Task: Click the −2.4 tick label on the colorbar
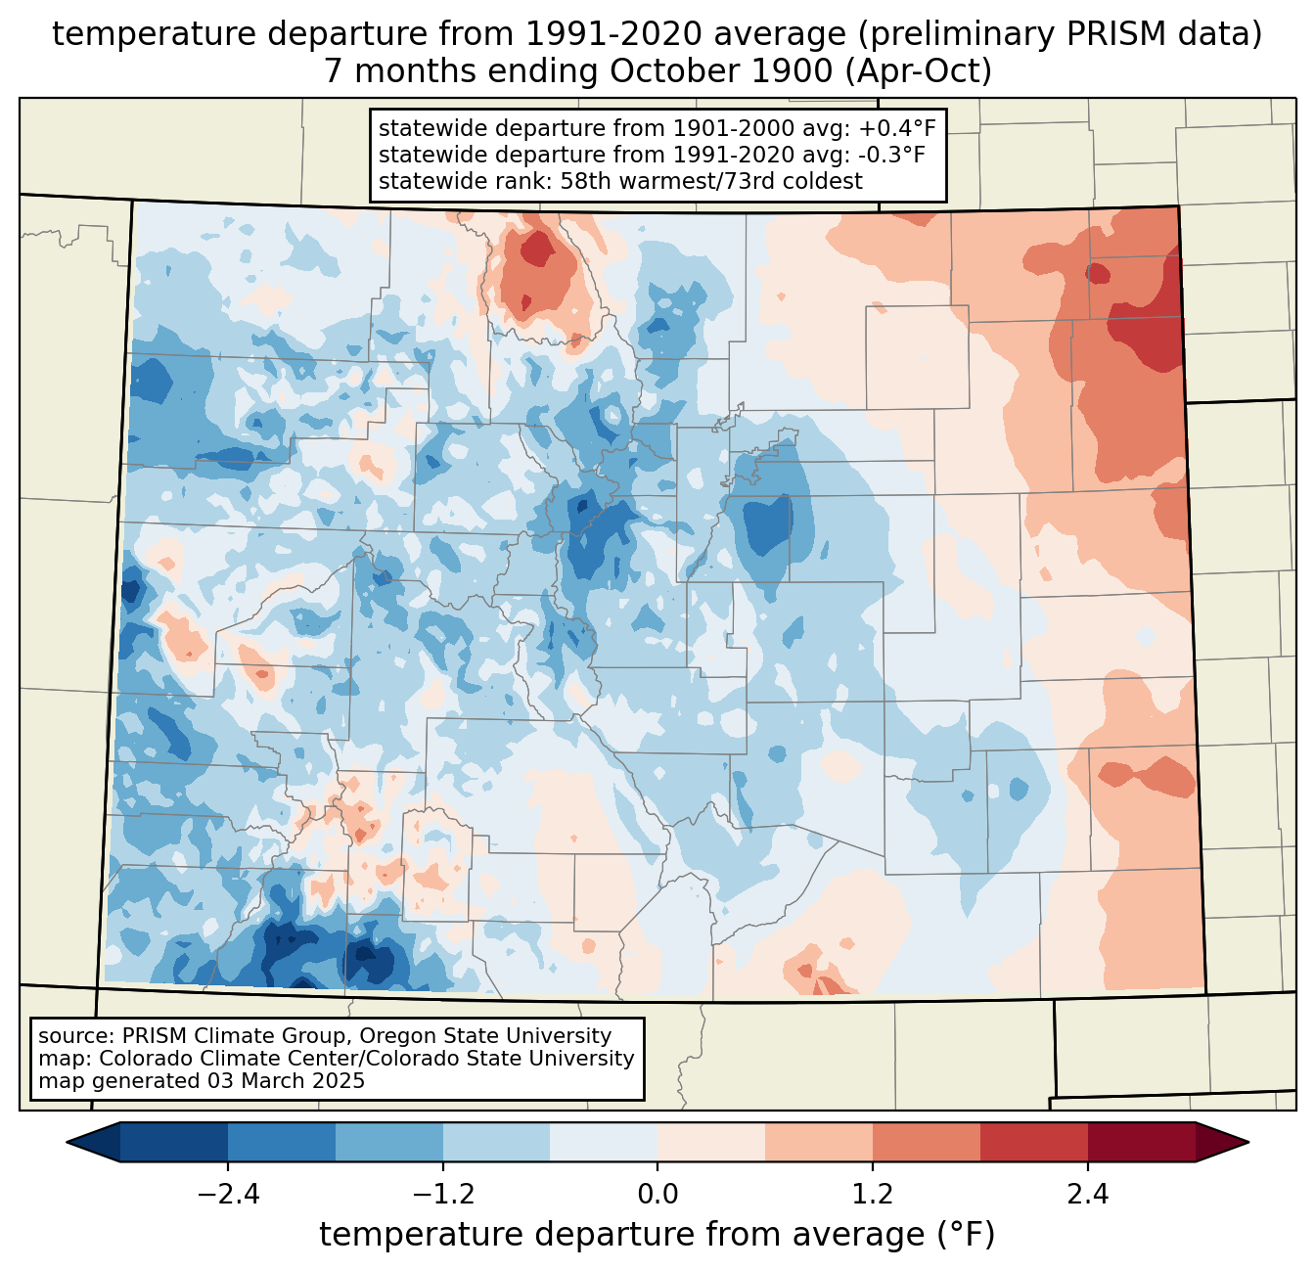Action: point(227,1195)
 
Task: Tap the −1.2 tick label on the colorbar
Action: point(442,1195)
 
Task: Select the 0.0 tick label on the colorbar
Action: point(657,1195)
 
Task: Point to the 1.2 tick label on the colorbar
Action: point(873,1195)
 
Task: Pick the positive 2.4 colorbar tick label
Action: point(1088,1195)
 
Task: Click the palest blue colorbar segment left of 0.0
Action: point(604,1142)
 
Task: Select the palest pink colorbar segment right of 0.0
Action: point(711,1142)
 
